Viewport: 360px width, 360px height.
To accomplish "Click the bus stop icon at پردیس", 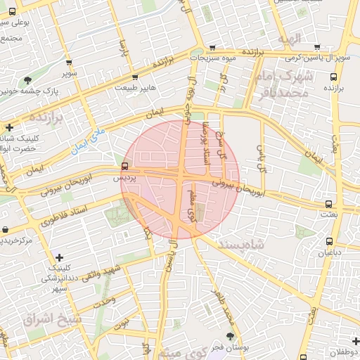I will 124,167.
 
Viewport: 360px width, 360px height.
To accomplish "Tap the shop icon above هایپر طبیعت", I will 135,77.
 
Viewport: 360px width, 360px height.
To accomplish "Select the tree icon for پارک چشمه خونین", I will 27,80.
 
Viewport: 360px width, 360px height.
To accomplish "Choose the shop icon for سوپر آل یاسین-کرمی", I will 317,46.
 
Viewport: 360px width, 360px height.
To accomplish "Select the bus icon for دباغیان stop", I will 329,240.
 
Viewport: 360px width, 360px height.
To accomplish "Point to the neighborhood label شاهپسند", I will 241,243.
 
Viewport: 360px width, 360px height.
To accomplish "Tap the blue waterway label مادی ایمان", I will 88,138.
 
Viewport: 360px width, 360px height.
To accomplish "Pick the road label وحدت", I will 104,300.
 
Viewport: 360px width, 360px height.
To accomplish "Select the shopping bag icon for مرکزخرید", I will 6,230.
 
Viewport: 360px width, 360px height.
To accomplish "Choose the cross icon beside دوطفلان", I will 356,341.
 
